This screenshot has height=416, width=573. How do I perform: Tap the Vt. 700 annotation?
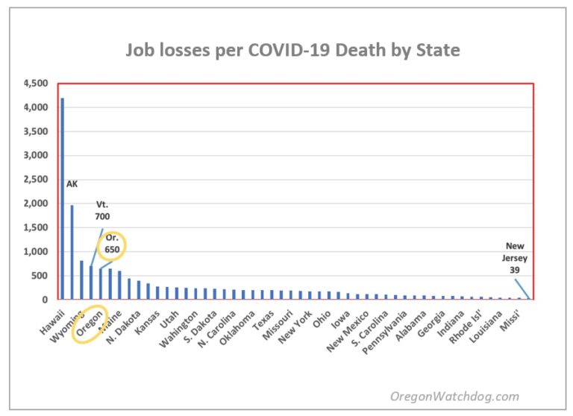click(103, 210)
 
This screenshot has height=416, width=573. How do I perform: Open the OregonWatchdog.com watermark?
click(455, 397)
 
